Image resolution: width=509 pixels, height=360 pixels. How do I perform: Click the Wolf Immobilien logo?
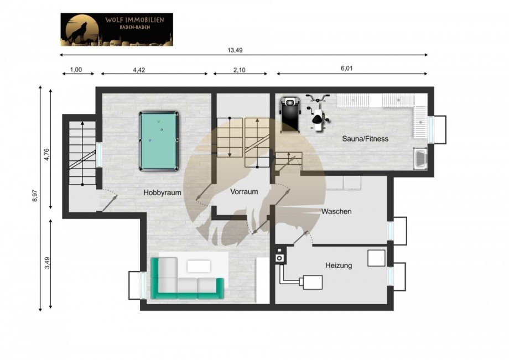tap(116, 29)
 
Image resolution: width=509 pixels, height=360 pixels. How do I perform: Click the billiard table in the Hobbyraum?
tap(159, 140)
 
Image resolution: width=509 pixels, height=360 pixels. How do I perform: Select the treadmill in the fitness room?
tap(289, 114)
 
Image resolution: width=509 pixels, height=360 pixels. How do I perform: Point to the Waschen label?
tap(336, 211)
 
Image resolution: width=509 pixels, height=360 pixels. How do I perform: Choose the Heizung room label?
tap(339, 265)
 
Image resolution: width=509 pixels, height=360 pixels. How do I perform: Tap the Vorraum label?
tap(244, 192)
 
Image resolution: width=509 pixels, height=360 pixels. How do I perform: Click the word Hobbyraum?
tap(162, 193)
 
